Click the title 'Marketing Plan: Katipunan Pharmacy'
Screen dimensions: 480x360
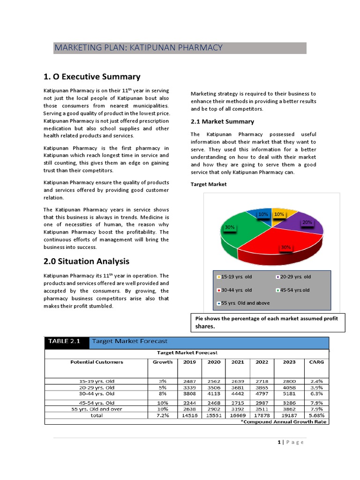138,48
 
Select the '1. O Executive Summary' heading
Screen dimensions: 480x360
92,77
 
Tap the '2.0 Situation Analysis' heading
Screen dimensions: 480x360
86,261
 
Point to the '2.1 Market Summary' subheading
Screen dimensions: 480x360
222,121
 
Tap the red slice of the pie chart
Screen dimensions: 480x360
277,244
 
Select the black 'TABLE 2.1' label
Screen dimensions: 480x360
65,341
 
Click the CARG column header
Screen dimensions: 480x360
316,362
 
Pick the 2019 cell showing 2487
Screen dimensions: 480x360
189,381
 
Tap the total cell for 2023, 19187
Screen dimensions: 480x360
289,415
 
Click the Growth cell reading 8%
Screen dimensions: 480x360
162,394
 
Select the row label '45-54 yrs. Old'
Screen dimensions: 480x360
97,403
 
